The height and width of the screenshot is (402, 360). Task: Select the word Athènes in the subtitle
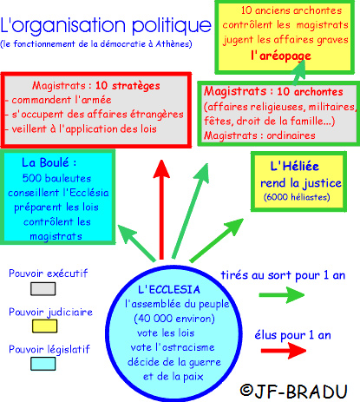point(173,44)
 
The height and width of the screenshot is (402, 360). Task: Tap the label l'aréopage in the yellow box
point(281,56)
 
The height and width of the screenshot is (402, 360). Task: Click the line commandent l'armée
point(62,100)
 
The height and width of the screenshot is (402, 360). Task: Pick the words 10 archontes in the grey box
point(310,92)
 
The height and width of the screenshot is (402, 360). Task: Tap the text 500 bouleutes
point(56,178)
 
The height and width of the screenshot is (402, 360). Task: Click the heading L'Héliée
point(294,166)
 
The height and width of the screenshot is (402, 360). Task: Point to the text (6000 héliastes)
point(297,197)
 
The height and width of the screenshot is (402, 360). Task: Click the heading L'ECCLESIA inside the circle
point(169,290)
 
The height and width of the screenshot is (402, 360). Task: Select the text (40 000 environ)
point(174,319)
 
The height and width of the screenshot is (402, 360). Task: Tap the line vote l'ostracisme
point(173,347)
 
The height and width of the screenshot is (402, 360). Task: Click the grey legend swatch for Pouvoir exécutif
point(43,289)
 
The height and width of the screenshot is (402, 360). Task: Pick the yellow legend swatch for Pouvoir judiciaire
point(44,326)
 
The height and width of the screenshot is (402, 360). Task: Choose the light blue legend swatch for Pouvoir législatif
point(43,364)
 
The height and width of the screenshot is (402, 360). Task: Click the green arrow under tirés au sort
point(282,295)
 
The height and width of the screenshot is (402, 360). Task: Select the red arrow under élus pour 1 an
point(284,351)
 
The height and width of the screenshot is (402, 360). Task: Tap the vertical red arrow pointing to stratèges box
point(161,209)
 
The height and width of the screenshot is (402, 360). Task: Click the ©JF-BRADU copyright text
point(293,392)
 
